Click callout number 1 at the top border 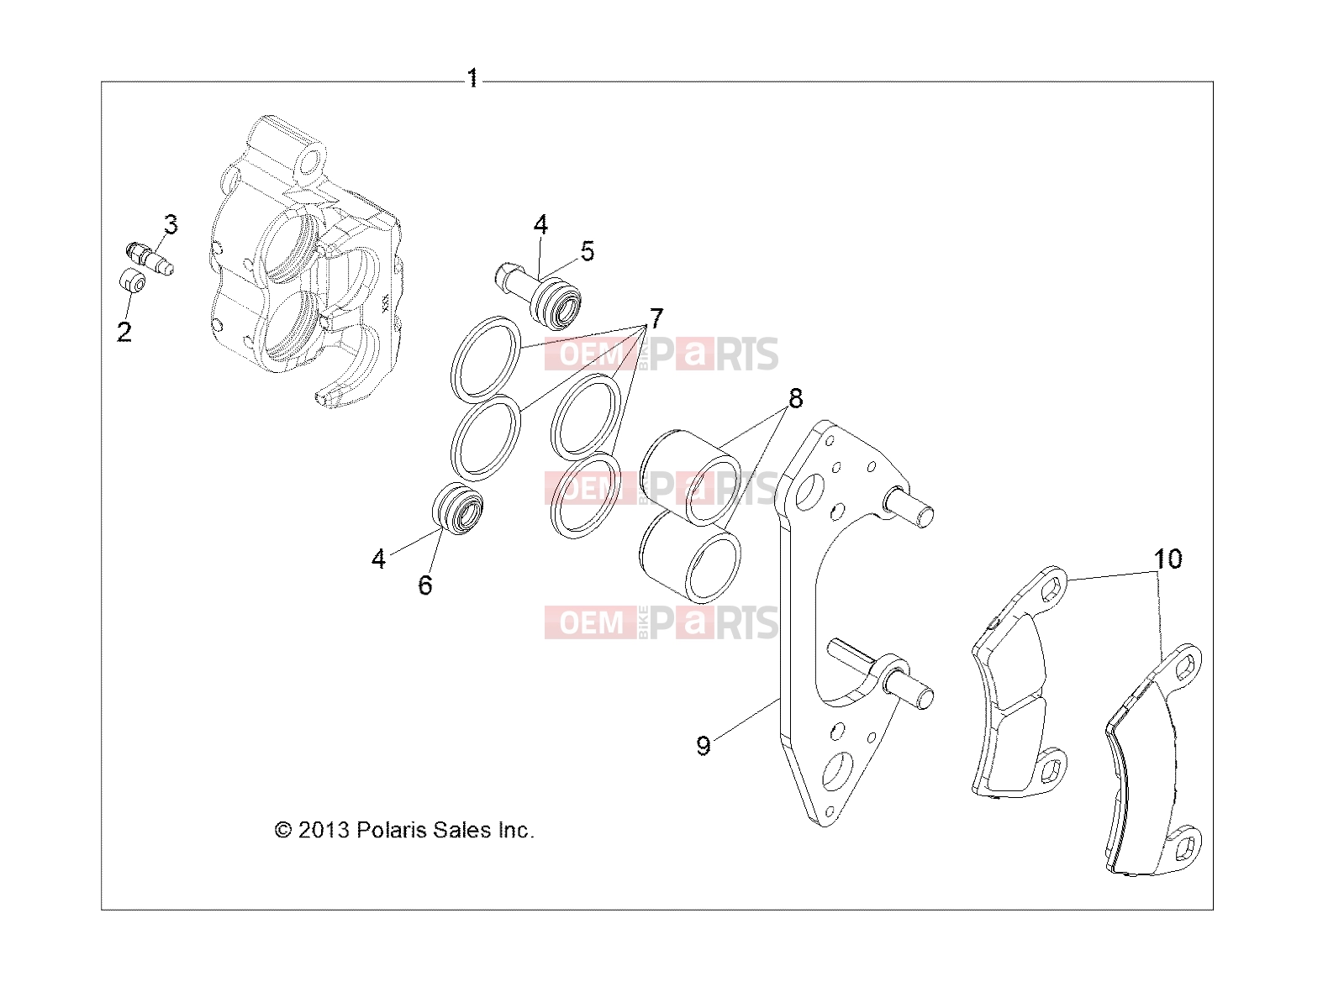coord(472,78)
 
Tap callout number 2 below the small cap coord(124,332)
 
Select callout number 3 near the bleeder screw coord(171,224)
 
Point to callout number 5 coord(587,251)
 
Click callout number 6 coord(425,585)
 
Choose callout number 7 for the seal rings coord(656,318)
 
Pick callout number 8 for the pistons coord(796,398)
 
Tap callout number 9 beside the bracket coord(704,746)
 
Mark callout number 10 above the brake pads coord(1168,559)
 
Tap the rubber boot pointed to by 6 coord(457,509)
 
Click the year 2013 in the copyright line coord(324,832)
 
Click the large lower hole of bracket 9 coord(837,771)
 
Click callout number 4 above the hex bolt coord(540,224)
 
